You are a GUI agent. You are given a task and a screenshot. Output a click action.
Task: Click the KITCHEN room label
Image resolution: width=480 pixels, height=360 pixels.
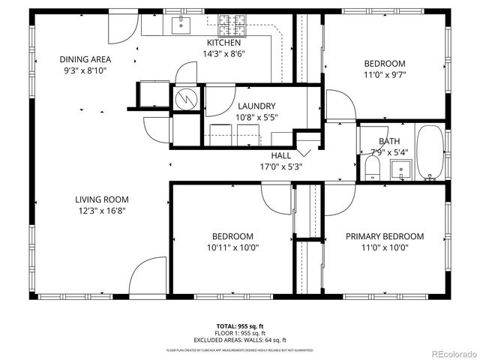(x=224, y=43)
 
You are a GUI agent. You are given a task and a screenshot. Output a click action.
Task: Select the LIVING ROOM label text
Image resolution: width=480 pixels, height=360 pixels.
(x=102, y=199)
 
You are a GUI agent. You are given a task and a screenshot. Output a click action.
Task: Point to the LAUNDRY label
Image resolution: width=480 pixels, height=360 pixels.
(x=256, y=106)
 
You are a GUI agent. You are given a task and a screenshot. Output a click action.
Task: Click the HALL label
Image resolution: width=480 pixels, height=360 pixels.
(x=281, y=155)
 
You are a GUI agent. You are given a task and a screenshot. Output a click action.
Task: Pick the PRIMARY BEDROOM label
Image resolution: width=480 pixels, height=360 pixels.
(x=384, y=236)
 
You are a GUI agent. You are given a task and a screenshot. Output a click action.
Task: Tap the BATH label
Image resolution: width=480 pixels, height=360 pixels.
(x=389, y=141)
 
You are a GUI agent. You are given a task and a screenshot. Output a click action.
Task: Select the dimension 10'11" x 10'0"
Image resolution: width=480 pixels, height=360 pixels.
(x=232, y=247)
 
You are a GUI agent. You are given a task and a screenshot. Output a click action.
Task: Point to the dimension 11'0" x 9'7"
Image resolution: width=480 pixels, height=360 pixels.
(x=385, y=75)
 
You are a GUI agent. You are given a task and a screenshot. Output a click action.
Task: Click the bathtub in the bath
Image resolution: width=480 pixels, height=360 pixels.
(x=430, y=153)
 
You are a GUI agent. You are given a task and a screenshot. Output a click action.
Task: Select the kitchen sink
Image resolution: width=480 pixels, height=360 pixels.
(x=181, y=26)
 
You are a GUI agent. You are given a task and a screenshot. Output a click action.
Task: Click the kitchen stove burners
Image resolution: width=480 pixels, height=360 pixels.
(x=232, y=25)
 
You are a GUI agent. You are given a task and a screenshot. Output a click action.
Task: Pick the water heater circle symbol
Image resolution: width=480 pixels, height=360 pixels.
(x=184, y=98)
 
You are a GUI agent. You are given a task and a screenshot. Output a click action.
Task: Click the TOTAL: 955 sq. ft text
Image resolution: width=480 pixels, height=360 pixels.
(x=240, y=325)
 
